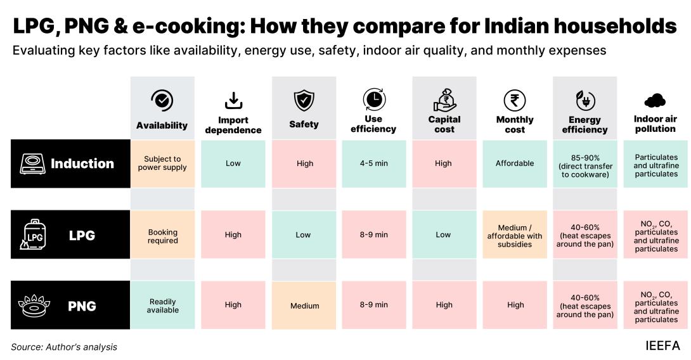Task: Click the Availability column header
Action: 162,125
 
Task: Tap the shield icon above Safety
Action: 304,101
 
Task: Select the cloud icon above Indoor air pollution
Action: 654,100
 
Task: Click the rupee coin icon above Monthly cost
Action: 515,100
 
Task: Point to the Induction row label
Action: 82,164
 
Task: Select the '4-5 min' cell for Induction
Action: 374,164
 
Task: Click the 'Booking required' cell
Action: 162,236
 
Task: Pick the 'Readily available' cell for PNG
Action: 162,305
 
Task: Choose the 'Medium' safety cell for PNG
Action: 304,306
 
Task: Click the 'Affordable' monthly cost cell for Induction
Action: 515,164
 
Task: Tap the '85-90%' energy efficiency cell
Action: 584,165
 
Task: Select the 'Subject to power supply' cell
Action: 162,164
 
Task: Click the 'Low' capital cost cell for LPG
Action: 444,235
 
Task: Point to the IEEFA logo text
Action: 662,346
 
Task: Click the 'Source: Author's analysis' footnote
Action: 64,347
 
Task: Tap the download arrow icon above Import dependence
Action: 233,100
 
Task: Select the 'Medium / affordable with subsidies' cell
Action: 515,236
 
